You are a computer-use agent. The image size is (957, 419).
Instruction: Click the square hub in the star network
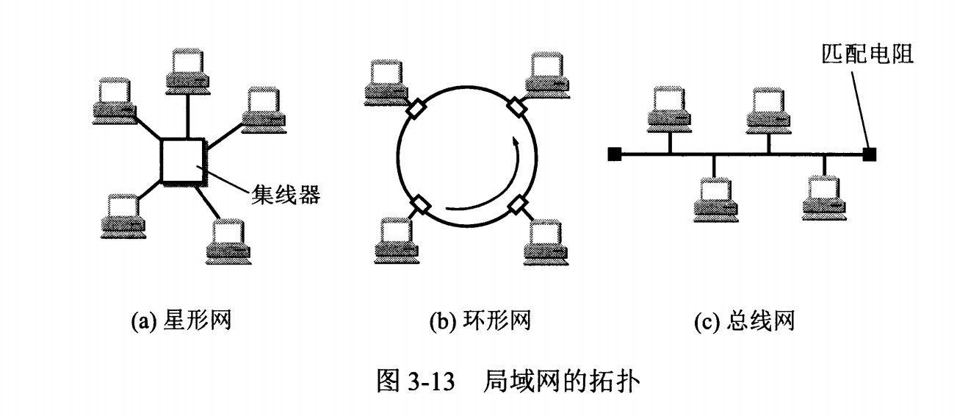coord(182,160)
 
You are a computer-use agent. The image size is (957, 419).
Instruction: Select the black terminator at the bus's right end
coord(869,154)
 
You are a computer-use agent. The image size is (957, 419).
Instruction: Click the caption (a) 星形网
coord(181,320)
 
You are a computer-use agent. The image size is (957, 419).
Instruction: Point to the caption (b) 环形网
coord(480,320)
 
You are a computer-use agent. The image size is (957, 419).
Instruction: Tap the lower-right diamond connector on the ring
coord(519,205)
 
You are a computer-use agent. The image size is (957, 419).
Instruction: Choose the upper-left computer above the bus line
coord(670,107)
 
